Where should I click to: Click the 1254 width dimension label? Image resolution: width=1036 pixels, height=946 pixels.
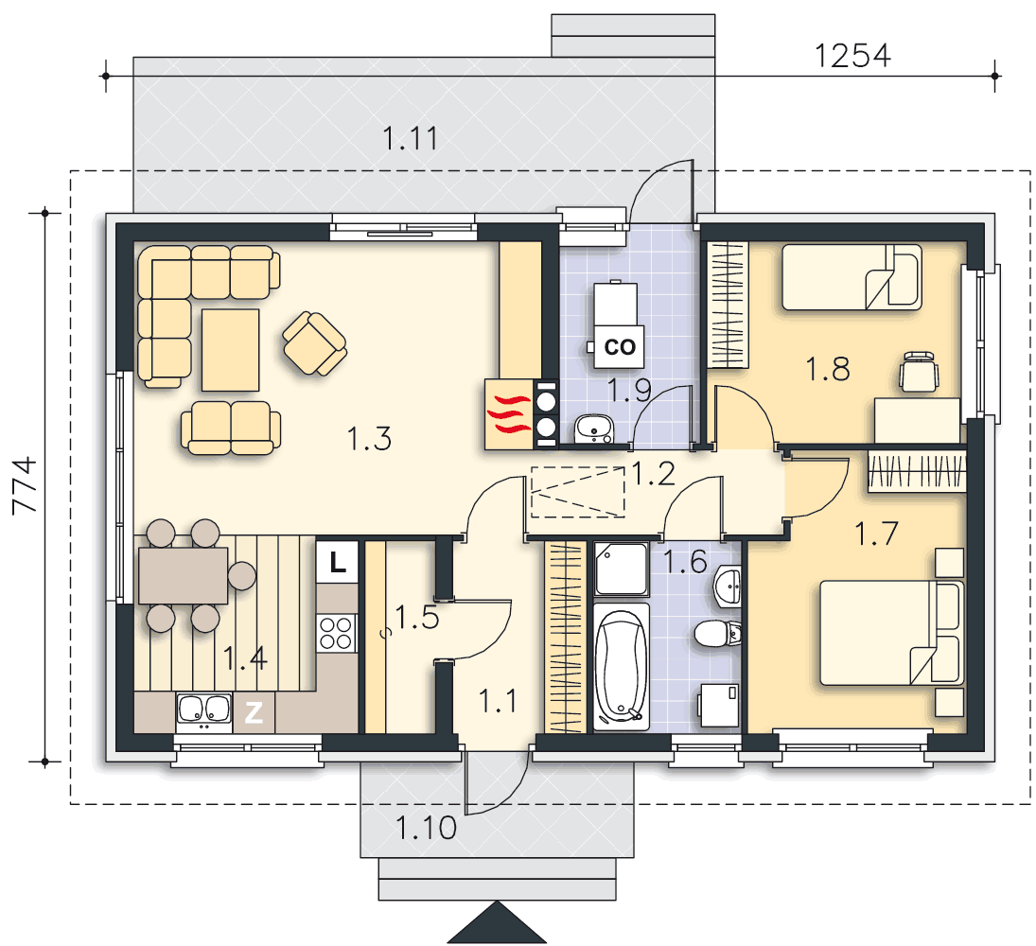click(852, 56)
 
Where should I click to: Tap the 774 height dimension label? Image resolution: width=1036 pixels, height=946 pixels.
click(26, 485)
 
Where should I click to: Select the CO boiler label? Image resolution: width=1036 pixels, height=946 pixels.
click(620, 347)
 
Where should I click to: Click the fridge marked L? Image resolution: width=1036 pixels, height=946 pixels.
click(337, 562)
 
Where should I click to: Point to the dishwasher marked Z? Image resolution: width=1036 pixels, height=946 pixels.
click(254, 712)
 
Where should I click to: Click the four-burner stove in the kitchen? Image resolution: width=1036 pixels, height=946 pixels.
click(336, 633)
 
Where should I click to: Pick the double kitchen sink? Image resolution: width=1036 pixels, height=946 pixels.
click(203, 709)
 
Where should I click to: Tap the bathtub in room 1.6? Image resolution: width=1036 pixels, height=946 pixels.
click(621, 666)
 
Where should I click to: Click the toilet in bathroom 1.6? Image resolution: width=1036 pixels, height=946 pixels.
click(717, 634)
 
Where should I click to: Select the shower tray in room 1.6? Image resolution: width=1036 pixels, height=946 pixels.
click(621, 569)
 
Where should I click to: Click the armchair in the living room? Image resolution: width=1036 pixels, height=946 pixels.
click(315, 343)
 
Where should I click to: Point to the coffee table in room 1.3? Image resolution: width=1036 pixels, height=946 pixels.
click(230, 350)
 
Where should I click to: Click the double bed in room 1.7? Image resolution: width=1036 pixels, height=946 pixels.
click(891, 633)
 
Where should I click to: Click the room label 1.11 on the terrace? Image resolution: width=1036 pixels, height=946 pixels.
click(411, 139)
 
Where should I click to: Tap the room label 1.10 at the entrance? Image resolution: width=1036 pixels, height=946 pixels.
click(426, 829)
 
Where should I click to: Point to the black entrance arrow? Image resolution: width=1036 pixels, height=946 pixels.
click(496, 923)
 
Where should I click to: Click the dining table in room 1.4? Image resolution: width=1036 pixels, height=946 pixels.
click(183, 575)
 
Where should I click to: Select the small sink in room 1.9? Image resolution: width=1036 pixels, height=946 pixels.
click(592, 429)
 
